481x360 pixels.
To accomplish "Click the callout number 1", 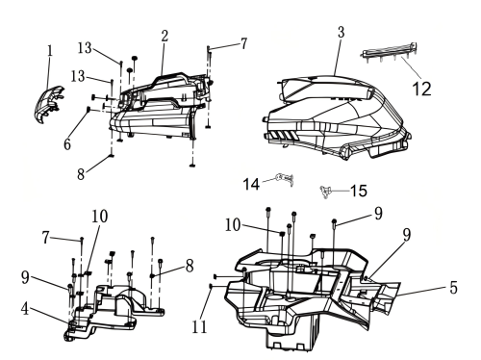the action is click(50, 51).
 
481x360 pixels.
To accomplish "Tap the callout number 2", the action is click(165, 36).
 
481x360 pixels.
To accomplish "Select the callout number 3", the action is click(341, 32).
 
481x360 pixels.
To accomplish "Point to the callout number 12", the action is click(421, 89).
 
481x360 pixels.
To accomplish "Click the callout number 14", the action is click(251, 184).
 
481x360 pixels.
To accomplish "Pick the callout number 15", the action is click(359, 191).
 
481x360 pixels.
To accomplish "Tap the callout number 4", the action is click(25, 309).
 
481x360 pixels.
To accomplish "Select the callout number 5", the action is click(453, 288).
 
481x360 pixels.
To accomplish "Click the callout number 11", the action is click(199, 327).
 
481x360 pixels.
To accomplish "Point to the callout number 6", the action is click(66, 144).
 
